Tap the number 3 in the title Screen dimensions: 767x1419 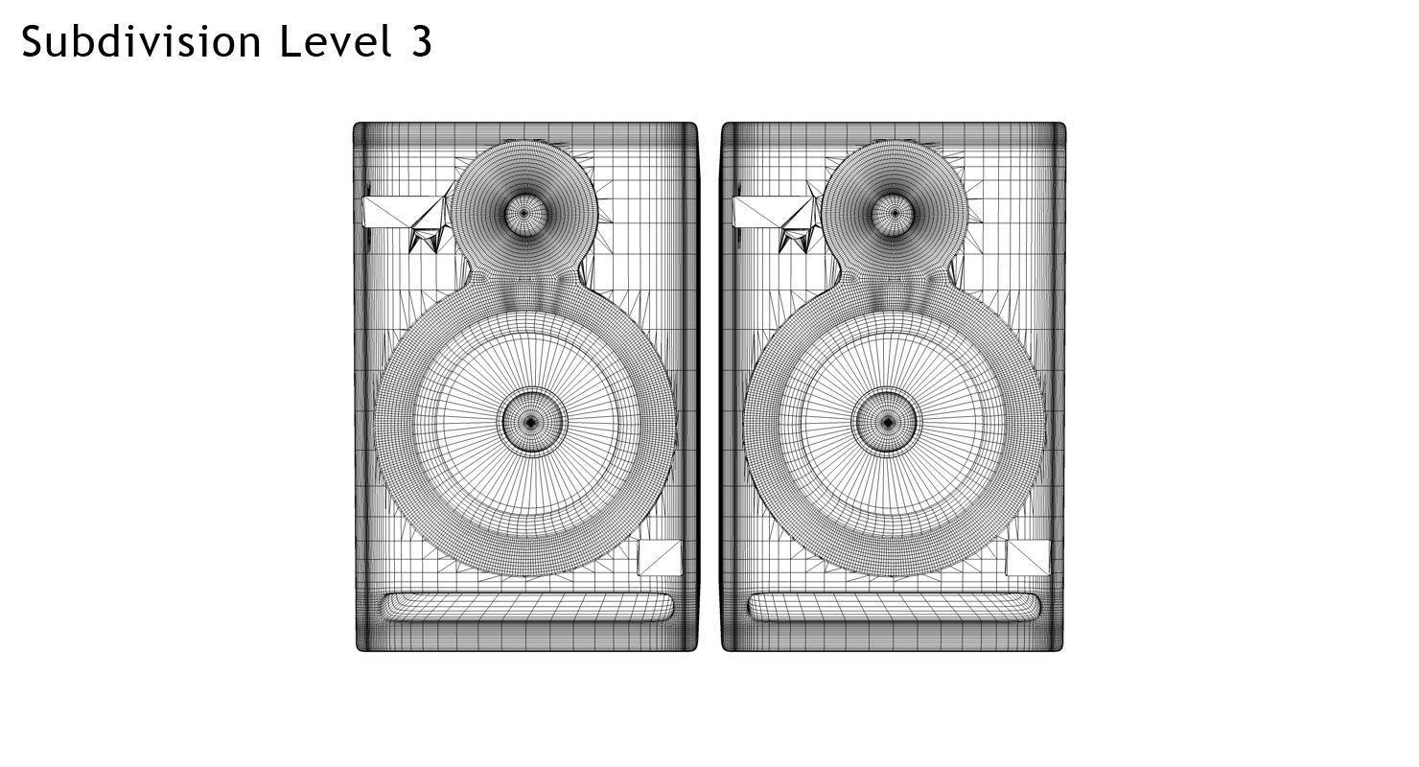click(421, 42)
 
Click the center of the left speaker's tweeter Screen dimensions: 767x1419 click(524, 213)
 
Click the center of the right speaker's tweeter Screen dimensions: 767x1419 click(895, 213)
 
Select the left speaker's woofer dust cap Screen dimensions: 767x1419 click(531, 421)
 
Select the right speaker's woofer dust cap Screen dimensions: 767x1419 click(888, 421)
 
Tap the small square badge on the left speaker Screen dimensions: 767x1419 click(661, 558)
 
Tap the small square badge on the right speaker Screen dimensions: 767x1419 click(1029, 558)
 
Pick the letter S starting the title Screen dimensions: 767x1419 click(34, 42)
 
